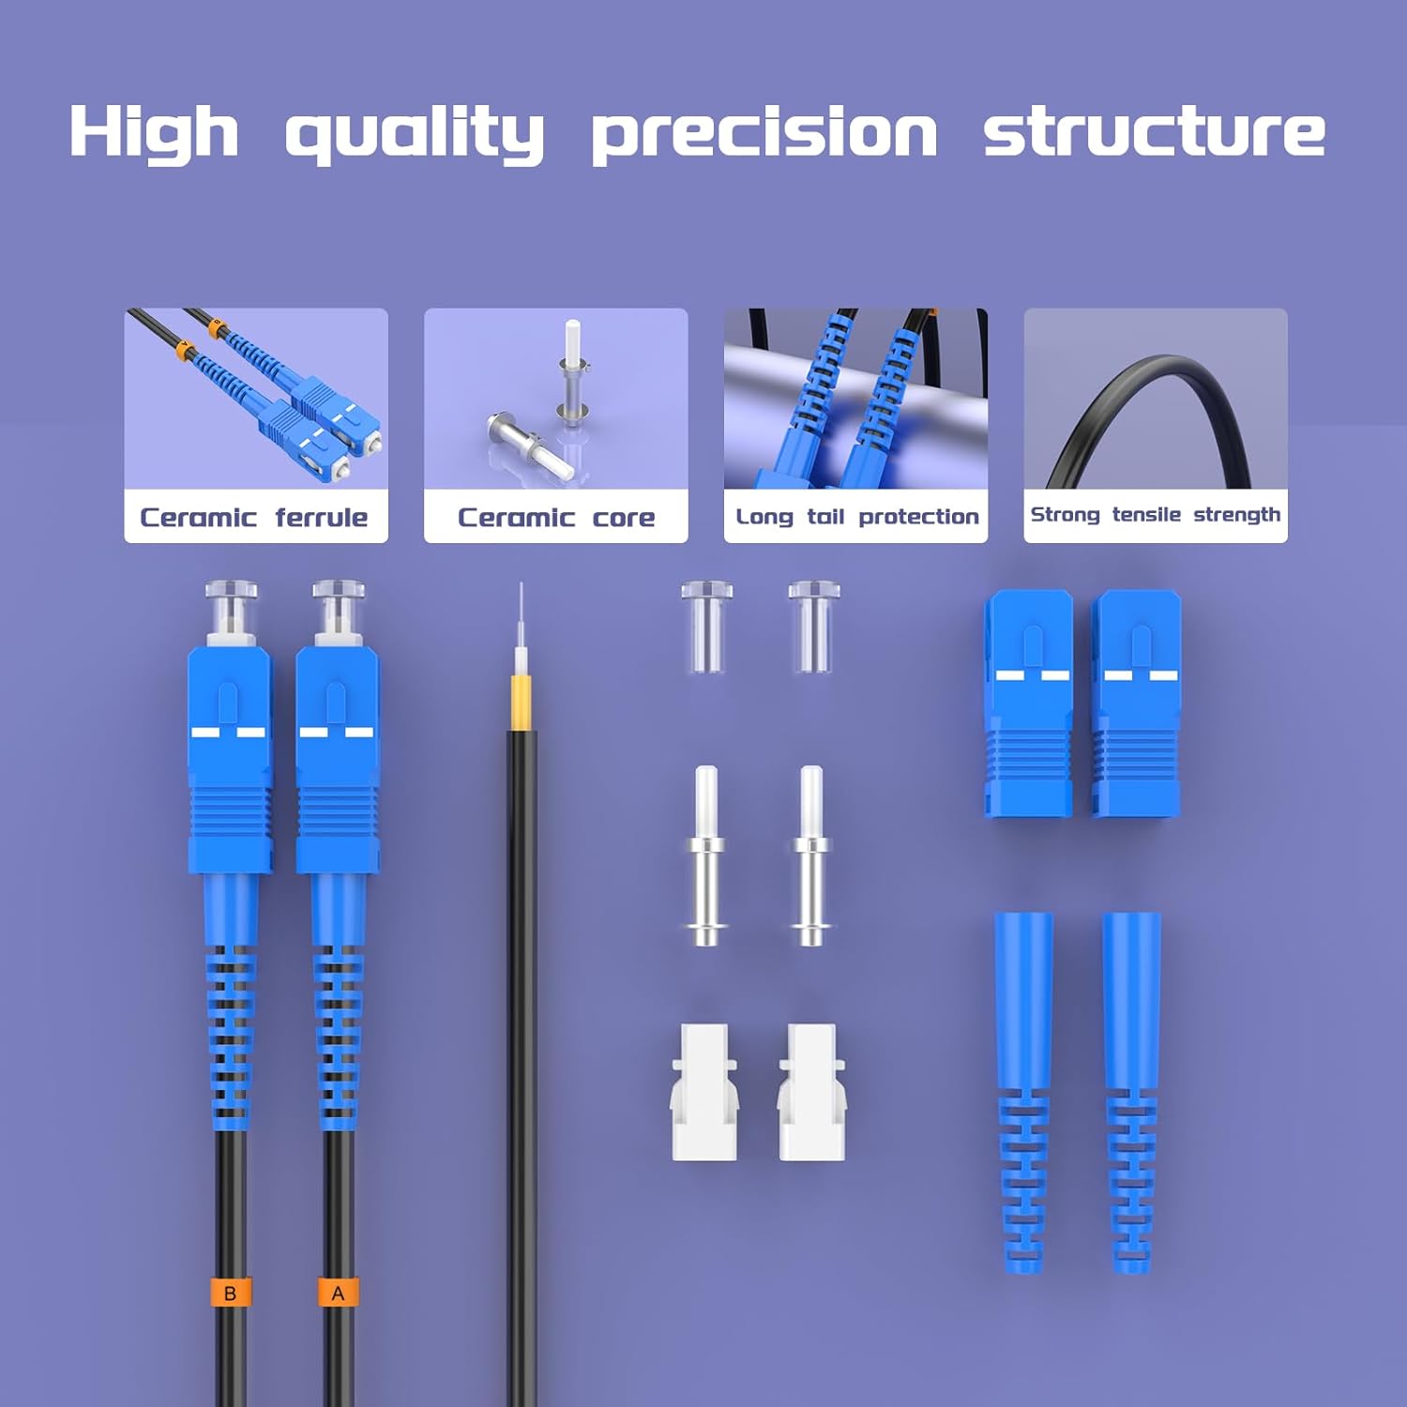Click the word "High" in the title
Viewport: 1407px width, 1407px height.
153,131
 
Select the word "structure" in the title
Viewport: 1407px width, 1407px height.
1154,130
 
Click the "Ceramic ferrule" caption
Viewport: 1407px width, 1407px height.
253,517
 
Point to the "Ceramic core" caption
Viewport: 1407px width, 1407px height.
556,517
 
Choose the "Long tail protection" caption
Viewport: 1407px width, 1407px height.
856,517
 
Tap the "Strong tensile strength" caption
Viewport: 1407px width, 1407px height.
1155,515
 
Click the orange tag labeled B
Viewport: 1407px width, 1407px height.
231,1293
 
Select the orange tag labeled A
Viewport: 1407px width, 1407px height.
339,1293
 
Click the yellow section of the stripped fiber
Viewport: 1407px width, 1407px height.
522,702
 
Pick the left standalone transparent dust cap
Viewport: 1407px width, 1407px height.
706,627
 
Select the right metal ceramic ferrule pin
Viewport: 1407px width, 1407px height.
811,855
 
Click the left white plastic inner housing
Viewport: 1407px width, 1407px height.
705,1092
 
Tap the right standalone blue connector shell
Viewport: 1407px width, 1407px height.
1135,703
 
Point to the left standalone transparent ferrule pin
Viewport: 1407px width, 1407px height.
705,855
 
